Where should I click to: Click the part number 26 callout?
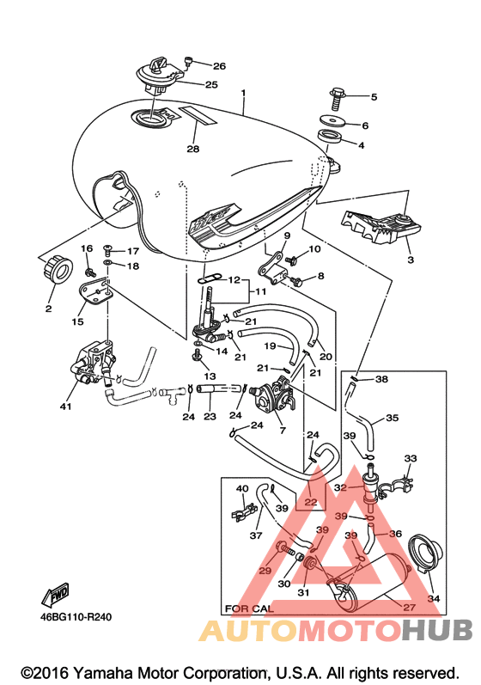pos(220,66)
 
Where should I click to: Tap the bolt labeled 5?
pos(337,99)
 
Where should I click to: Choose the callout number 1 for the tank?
pos(243,93)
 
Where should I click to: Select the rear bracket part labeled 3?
pos(381,226)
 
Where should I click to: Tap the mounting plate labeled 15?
pos(95,293)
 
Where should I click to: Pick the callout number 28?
pos(193,149)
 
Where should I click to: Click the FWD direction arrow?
pos(55,595)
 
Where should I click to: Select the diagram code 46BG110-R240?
pos(76,617)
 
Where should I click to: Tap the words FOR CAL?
pos(249,609)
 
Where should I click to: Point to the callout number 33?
pos(411,458)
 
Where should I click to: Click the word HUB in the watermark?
pos(437,629)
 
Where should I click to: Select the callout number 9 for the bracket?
pos(287,235)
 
